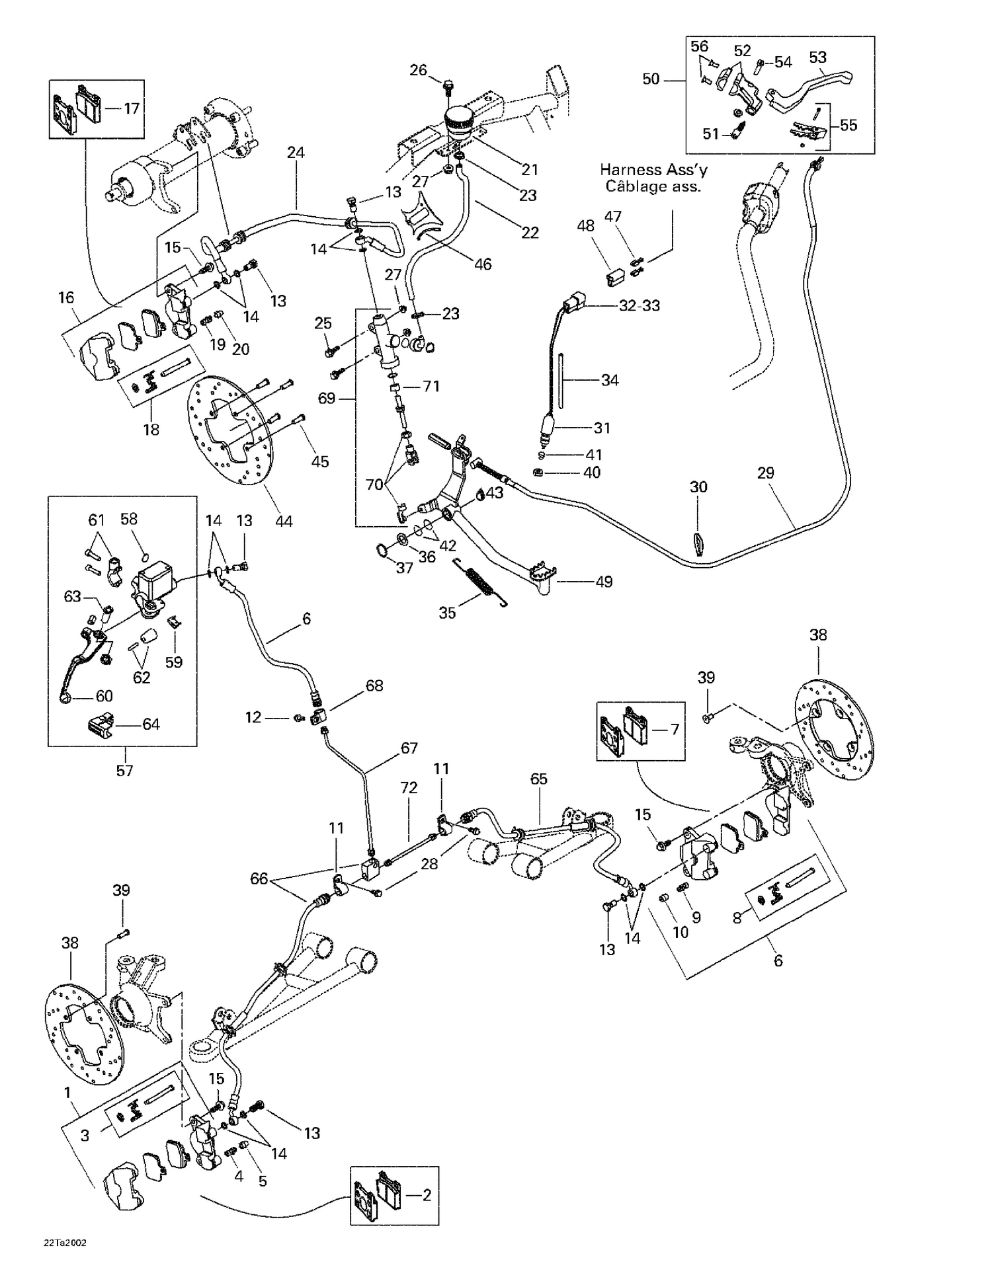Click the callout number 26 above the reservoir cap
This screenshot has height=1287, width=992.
pos(418,70)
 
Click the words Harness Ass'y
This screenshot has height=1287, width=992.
pos(653,170)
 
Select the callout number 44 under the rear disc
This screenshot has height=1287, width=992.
pos(284,521)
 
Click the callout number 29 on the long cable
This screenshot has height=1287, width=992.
pos(765,473)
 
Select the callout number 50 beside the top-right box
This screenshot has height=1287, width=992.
pos(651,79)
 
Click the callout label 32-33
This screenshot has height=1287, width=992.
pos(639,305)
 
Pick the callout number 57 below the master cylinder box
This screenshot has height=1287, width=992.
pos(124,770)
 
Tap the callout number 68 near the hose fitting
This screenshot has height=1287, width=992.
pos(374,685)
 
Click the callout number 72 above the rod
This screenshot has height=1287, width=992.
pos(409,787)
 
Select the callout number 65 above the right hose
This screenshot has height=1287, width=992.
pos(539,779)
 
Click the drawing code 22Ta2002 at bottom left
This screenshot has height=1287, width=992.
pos(65,1242)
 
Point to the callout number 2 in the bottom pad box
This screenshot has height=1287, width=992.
pos(427,1194)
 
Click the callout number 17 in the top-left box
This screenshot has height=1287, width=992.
pos(132,108)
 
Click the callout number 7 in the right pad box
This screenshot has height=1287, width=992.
pos(675,729)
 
